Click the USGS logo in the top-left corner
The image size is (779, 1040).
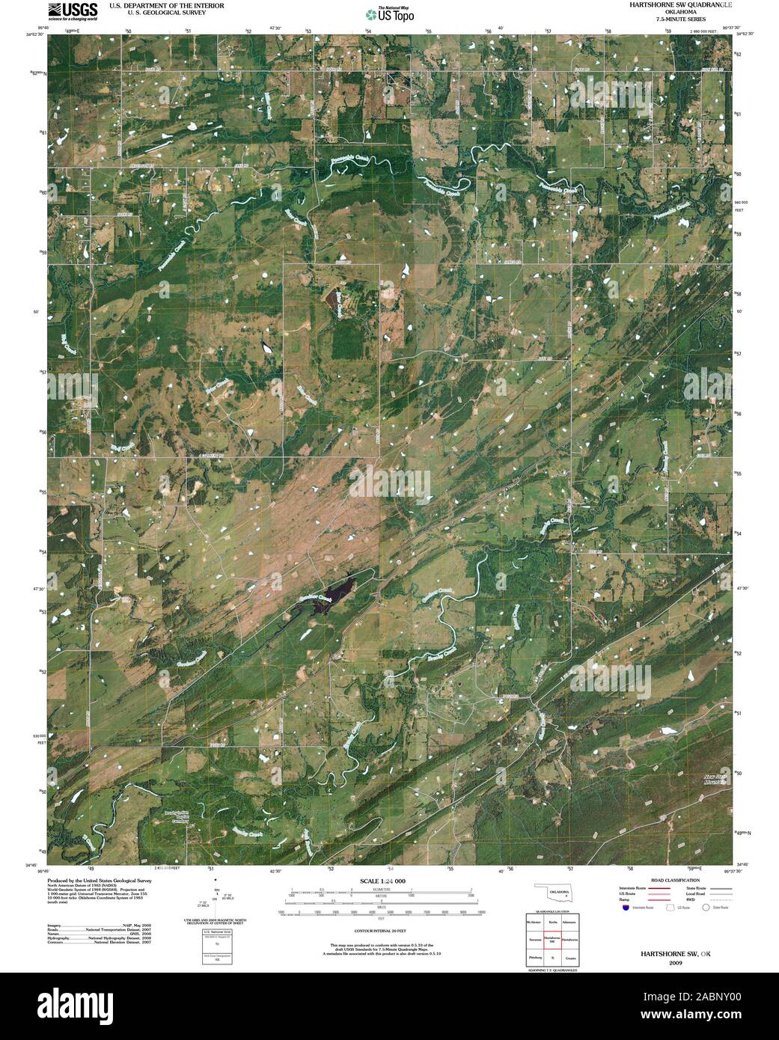pos(72,10)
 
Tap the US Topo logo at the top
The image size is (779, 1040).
pos(389,13)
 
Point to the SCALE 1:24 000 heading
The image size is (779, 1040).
pos(382,882)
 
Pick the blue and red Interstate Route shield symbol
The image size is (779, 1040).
pos(624,907)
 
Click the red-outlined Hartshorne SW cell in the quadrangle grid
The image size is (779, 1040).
pos(552,939)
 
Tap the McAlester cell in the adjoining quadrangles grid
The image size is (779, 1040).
pos(534,921)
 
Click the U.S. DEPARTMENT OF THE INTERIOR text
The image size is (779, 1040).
pos(166,5)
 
